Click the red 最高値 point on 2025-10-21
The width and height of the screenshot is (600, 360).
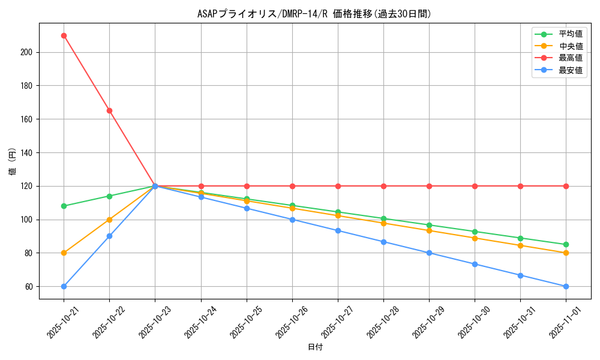[x=64, y=35]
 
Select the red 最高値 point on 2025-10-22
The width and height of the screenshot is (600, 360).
[x=109, y=110]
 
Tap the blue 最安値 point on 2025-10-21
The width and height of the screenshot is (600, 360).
[x=64, y=286]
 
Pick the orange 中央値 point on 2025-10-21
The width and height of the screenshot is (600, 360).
[x=64, y=253]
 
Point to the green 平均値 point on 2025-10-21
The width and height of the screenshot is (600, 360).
[x=64, y=206]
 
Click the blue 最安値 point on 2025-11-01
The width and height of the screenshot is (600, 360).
[x=566, y=286]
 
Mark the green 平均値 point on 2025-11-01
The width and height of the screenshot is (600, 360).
[x=566, y=244]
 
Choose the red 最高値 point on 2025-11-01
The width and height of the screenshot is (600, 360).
[x=566, y=186]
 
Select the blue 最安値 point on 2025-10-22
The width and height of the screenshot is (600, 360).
[x=109, y=236]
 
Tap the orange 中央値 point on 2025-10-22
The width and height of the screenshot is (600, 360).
[x=109, y=220]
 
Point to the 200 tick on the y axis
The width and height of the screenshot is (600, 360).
[x=26, y=52]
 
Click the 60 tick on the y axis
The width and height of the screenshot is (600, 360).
[x=29, y=286]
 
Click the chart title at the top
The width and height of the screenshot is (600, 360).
[x=314, y=14]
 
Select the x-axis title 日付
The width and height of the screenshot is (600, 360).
[x=314, y=347]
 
